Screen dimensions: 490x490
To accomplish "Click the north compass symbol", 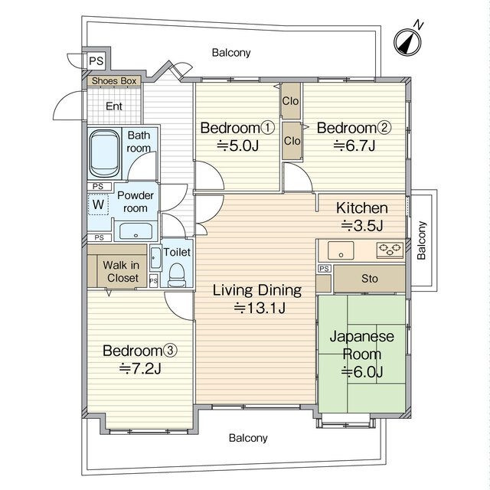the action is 407,42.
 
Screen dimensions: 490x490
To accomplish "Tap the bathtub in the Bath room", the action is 104,153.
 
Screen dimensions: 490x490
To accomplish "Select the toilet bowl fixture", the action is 177,274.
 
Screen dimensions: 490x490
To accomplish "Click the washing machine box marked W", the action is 98,204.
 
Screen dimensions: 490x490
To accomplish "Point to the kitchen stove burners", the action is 390,250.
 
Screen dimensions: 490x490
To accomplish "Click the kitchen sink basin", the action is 341,250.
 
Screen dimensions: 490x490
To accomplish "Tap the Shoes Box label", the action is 114,81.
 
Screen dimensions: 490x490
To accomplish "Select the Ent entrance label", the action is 114,106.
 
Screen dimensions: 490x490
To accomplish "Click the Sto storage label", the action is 369,279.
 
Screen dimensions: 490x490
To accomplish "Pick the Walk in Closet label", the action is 121,272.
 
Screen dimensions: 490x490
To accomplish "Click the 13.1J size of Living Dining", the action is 260,308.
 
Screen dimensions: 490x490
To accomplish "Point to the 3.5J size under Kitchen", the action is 362,225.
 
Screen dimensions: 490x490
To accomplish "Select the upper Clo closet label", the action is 290,100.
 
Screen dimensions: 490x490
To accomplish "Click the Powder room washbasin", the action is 136,231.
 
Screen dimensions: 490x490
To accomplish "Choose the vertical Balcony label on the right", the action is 421,240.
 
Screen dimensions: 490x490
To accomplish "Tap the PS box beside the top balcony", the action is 96,60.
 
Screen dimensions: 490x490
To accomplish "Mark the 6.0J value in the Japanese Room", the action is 362,371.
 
